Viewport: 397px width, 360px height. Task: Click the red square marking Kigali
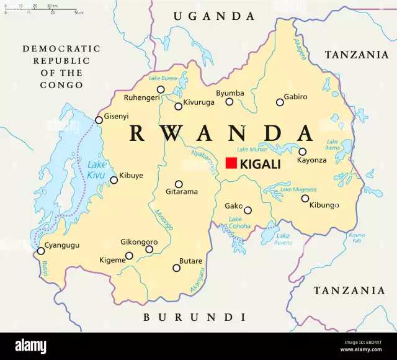point(231,163)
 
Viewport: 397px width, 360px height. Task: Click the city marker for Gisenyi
point(99,120)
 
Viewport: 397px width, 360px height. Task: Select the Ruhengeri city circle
point(161,89)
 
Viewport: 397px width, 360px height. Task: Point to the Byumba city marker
point(230,102)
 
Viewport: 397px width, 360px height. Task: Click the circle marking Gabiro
point(279,102)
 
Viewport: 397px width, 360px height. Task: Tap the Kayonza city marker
point(302,151)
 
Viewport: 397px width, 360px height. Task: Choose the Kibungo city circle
point(305,199)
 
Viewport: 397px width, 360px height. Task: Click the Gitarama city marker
point(179,184)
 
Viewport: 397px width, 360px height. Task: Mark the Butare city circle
point(177,268)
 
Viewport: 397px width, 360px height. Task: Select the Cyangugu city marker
point(41,251)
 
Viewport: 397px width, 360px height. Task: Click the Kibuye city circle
point(114,181)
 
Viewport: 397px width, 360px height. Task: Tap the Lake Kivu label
point(97,169)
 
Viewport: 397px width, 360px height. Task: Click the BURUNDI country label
point(195,317)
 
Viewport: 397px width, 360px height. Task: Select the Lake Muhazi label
point(252,149)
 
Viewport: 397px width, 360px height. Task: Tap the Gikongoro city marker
point(149,250)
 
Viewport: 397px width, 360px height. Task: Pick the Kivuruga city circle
point(179,106)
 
